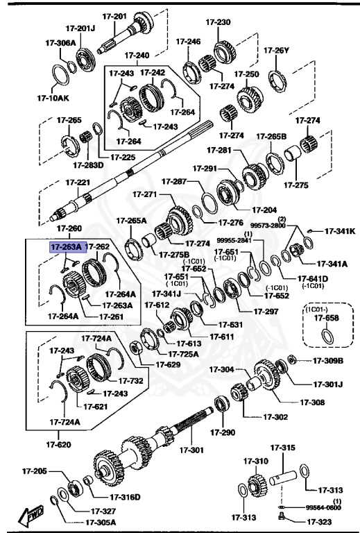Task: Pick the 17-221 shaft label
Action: click(x=78, y=183)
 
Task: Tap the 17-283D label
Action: click(x=88, y=164)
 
